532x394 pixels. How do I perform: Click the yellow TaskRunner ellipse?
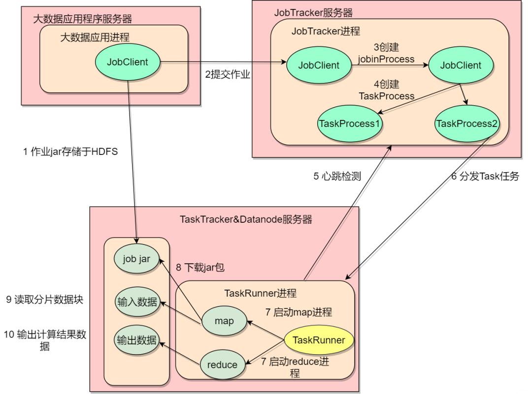319,340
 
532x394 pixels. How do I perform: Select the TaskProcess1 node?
349,123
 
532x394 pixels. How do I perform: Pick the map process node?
224,320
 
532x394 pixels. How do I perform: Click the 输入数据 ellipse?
137,302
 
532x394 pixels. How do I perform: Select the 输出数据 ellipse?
137,340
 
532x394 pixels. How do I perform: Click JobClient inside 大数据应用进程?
128,62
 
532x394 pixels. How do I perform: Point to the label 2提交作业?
228,74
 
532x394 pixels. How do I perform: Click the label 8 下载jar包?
200,269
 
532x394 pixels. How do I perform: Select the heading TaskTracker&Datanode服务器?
246,219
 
